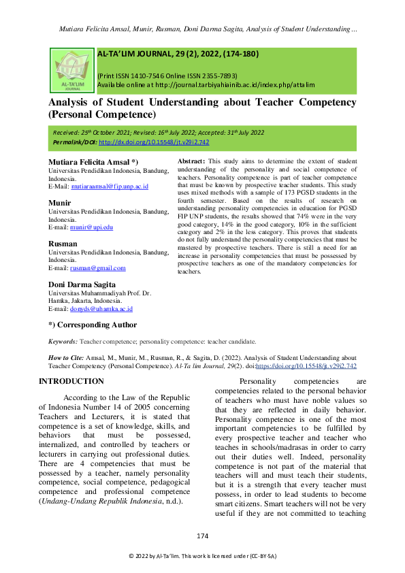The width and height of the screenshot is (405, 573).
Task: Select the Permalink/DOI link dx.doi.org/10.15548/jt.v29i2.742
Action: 154,142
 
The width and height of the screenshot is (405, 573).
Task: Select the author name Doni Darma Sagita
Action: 86,284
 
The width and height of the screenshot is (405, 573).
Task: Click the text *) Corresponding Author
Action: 93,325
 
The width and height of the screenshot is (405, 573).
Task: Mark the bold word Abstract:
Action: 191,160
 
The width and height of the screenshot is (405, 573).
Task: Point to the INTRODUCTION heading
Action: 71,381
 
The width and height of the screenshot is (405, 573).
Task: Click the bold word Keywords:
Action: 63,342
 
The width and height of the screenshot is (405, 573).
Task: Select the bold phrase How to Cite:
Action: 67,357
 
